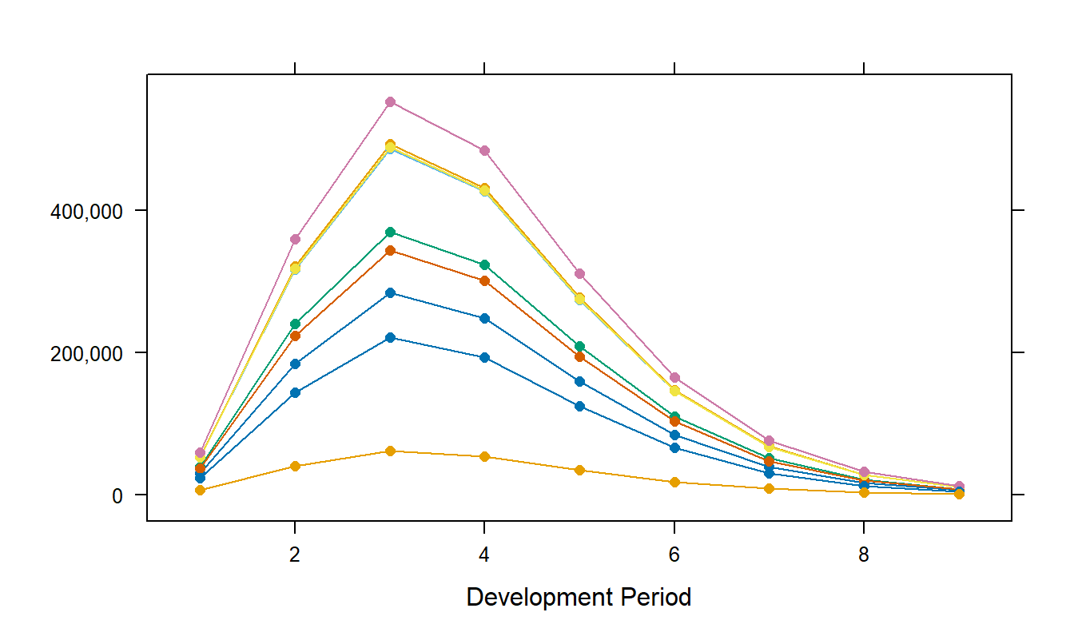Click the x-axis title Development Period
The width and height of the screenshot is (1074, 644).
coord(579,597)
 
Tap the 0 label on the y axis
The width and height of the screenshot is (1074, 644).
coord(117,495)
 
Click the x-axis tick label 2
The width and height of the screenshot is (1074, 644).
coord(295,555)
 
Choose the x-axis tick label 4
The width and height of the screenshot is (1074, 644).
coord(484,555)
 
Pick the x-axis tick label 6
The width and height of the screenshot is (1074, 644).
coord(674,555)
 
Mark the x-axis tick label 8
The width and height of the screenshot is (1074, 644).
coord(864,555)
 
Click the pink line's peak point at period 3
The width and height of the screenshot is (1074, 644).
coord(390,101)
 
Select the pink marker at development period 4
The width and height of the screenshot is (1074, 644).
coord(484,150)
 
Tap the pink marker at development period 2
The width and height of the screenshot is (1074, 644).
coord(295,239)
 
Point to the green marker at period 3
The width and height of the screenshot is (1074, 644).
coord(390,232)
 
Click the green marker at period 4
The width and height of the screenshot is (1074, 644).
coord(484,264)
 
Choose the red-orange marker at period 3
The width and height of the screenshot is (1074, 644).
coord(390,251)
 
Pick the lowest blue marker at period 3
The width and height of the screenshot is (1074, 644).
coord(390,337)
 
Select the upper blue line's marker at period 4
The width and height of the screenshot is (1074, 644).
coord(484,318)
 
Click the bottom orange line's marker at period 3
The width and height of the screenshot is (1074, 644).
coord(390,451)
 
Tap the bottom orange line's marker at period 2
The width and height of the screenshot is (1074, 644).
coord(295,466)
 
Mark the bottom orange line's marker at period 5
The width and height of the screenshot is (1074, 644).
coord(579,470)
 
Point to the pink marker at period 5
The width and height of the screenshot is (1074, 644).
coord(579,273)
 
